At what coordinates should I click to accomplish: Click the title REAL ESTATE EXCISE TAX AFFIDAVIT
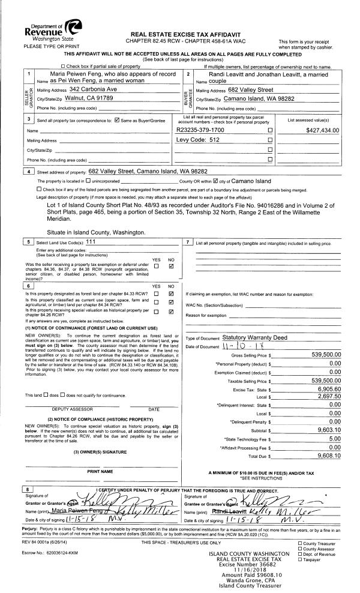coord(181,34)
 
